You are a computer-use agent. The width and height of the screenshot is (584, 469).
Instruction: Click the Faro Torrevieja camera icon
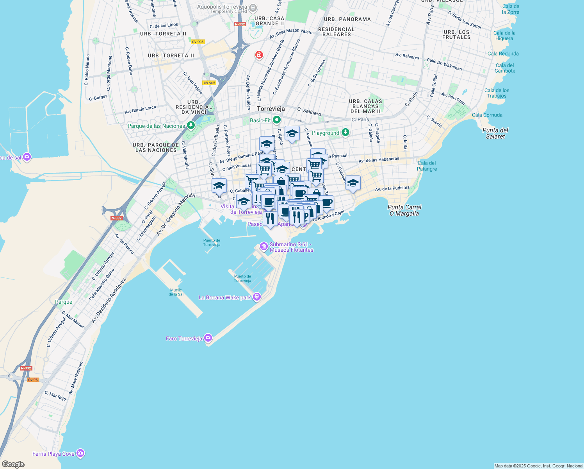[208, 338]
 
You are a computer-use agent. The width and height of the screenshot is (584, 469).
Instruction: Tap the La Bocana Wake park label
[224, 297]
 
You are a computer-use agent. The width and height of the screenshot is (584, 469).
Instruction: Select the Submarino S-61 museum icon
[264, 246]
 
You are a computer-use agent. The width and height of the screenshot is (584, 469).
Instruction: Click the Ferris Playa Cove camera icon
[80, 453]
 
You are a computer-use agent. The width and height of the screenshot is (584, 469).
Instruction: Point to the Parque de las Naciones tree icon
[191, 125]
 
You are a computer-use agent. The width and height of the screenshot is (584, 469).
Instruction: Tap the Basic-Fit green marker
[277, 120]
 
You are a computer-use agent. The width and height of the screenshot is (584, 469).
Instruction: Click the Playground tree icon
[345, 132]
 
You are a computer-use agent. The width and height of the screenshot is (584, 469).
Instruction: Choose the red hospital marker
[259, 55]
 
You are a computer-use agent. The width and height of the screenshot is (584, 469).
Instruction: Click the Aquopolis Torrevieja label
[223, 7]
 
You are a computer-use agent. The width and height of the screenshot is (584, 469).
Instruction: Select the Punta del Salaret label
[495, 133]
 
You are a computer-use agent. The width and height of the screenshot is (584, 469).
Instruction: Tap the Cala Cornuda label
[487, 115]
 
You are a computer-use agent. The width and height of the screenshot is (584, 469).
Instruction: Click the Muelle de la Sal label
[176, 292]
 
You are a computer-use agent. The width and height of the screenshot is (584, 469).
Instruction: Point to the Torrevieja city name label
[271, 109]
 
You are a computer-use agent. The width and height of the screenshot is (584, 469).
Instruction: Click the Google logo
[13, 464]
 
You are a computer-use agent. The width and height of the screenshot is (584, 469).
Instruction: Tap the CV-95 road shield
[33, 380]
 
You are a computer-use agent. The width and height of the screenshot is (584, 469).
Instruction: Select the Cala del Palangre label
[427, 166]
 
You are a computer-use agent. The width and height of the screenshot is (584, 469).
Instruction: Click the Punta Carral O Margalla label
[404, 210]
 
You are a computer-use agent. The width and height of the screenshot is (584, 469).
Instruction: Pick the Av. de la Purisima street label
[392, 188]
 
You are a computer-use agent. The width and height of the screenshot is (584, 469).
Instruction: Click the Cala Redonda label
[503, 54]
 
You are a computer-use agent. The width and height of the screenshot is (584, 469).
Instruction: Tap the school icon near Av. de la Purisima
[353, 183]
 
